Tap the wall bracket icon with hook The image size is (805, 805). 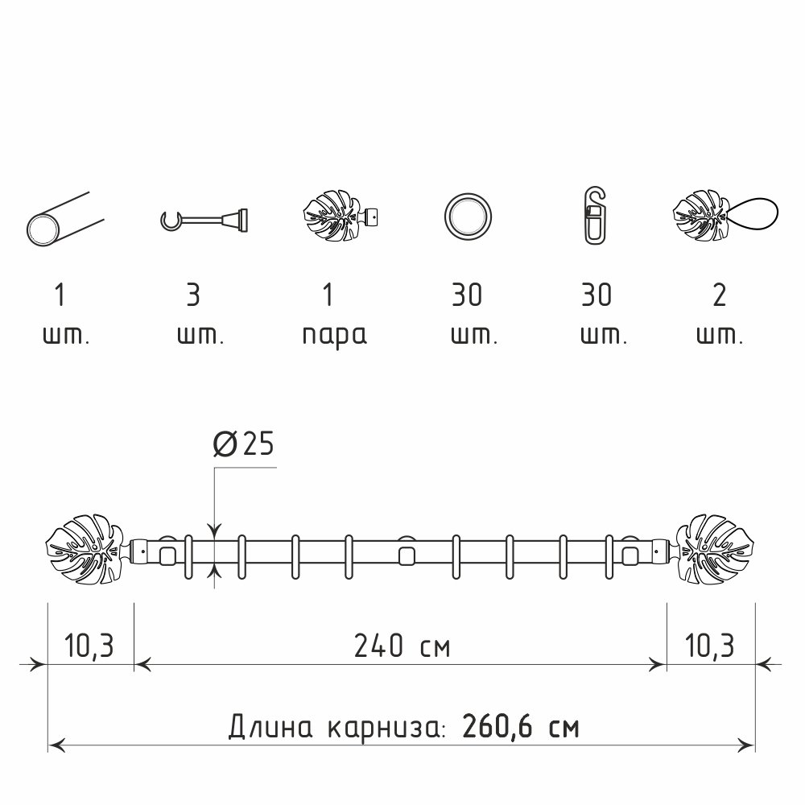pyautogui.click(x=204, y=220)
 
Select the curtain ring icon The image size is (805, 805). pyautogui.click(x=468, y=217)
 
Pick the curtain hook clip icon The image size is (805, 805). pyautogui.click(x=595, y=216)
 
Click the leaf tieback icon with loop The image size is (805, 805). pyautogui.click(x=725, y=216)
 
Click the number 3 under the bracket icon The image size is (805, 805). pyautogui.click(x=193, y=295)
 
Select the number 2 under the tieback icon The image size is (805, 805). pyautogui.click(x=720, y=295)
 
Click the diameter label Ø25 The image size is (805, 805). pyautogui.click(x=243, y=444)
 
